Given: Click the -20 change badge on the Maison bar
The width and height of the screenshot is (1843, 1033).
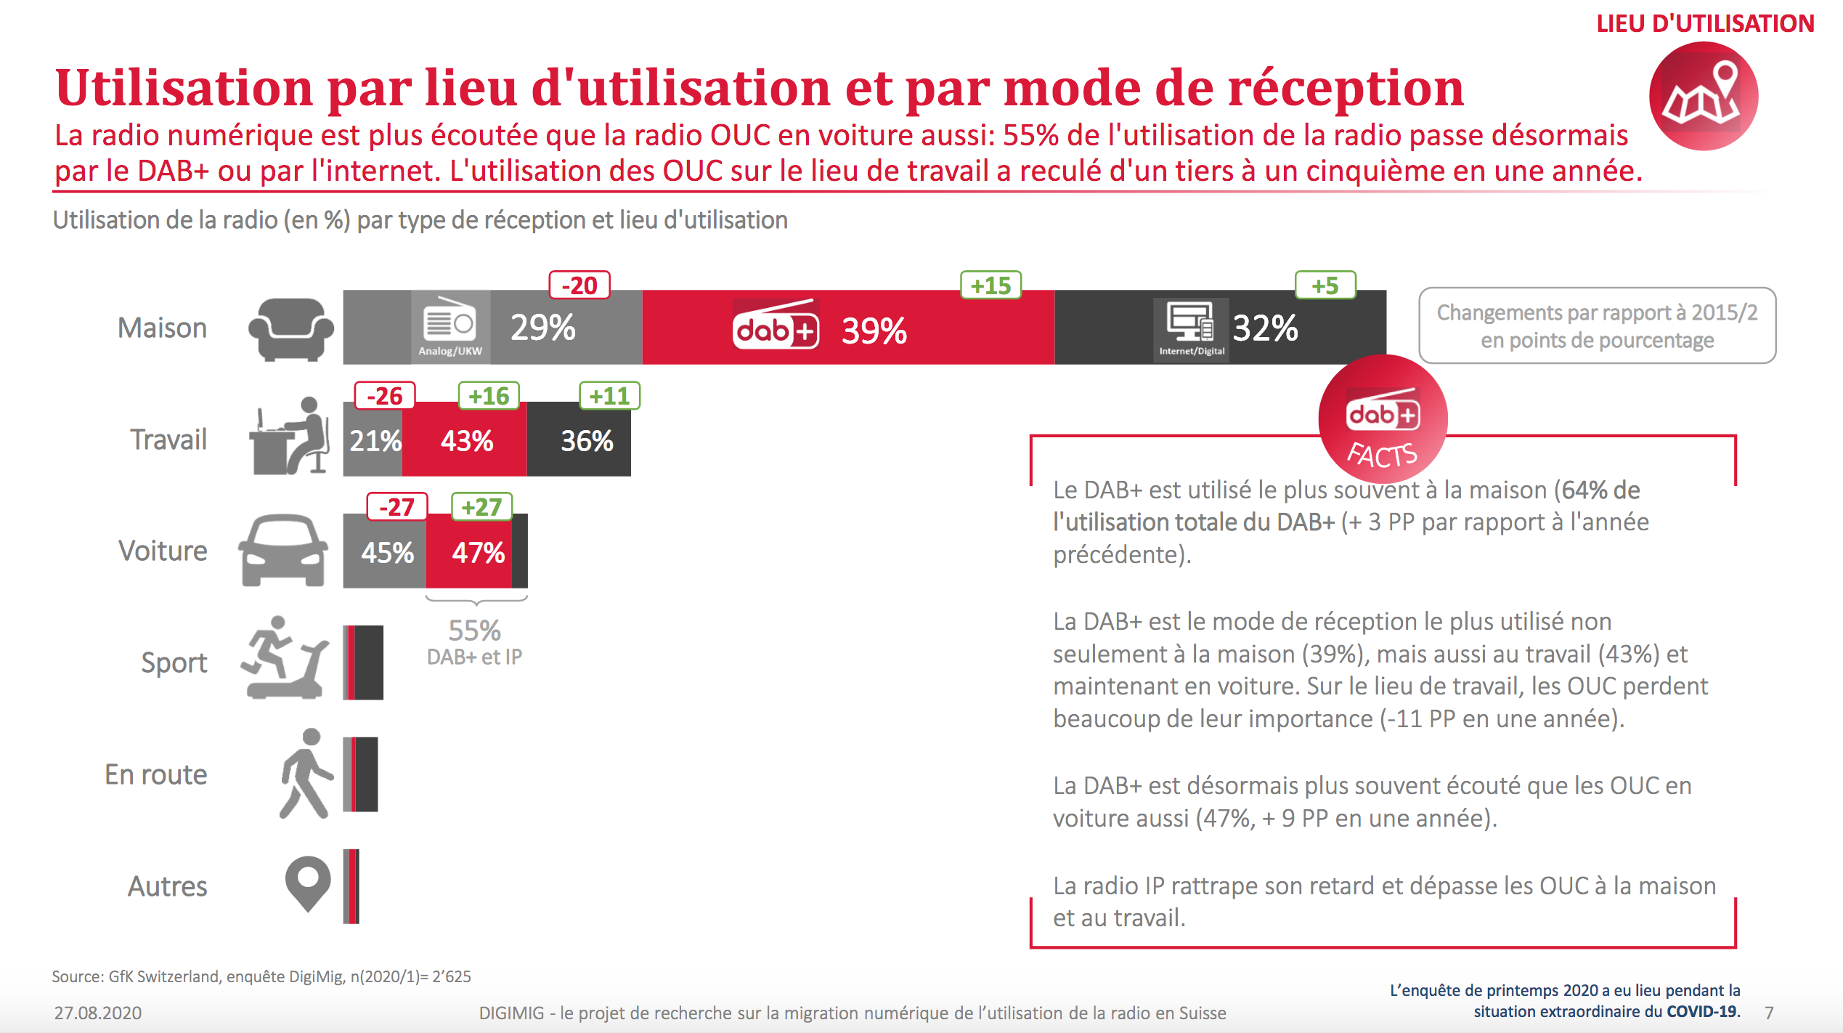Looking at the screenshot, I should (x=579, y=285).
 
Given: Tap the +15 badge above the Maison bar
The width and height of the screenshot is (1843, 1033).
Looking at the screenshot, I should (x=990, y=285).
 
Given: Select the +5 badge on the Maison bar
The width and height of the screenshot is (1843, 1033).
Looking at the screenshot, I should (x=1325, y=285).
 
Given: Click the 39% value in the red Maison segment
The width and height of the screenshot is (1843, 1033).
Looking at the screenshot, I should (x=874, y=331).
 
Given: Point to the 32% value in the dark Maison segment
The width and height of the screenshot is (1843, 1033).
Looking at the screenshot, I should (x=1265, y=328).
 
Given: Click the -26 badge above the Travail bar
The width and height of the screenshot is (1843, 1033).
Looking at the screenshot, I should (x=384, y=396).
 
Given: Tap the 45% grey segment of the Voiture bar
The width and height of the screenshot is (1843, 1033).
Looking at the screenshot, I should (x=386, y=553).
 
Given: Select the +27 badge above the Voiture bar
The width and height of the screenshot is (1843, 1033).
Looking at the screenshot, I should (x=481, y=506).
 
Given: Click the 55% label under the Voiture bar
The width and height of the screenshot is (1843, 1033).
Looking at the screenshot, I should (x=474, y=631).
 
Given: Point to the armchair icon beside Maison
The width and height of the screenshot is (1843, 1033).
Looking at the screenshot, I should (x=290, y=329).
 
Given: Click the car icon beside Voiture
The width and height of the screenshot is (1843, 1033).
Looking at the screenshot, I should (x=283, y=550).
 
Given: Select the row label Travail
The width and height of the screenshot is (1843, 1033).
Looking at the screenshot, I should (x=168, y=440).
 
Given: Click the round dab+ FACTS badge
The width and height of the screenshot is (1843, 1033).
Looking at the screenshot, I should (x=1383, y=420).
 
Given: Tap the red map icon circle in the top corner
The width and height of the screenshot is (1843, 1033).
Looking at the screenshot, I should (x=1703, y=97).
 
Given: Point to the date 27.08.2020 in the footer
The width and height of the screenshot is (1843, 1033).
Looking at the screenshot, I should (x=98, y=1013).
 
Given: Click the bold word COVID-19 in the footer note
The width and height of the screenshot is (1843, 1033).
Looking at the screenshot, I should (x=1702, y=1011).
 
